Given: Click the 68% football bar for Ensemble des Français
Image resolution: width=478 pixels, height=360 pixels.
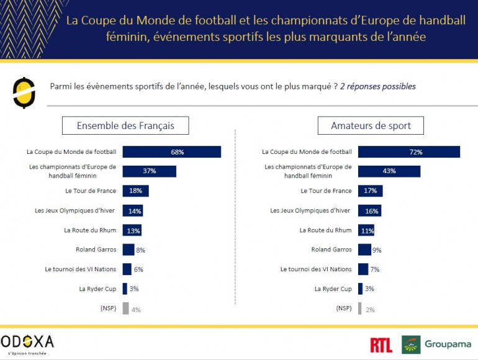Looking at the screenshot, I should pyautogui.click(x=171, y=152).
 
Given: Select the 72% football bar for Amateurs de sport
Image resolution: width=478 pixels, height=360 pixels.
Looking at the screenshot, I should pyautogui.click(x=408, y=152).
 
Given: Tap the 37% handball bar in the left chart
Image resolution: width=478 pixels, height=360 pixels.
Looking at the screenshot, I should pyautogui.click(x=149, y=171).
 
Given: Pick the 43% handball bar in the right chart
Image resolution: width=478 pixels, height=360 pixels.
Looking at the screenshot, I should pyautogui.click(x=389, y=171).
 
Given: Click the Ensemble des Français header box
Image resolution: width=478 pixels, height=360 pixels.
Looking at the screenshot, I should pyautogui.click(x=125, y=125).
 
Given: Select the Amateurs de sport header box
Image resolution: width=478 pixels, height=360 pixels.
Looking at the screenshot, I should pyautogui.click(x=371, y=125).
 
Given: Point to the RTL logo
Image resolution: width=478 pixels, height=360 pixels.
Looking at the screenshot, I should pyautogui.click(x=381, y=345).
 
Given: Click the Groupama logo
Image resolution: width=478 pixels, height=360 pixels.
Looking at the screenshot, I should pyautogui.click(x=437, y=344).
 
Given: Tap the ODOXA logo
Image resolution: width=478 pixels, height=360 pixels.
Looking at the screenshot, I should pyautogui.click(x=28, y=343).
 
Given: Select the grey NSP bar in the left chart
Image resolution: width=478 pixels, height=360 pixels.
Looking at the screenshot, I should pyautogui.click(x=125, y=308).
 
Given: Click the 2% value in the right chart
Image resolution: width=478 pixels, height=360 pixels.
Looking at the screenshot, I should pyautogui.click(x=370, y=309).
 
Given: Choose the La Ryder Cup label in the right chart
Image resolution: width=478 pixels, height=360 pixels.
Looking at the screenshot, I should pyautogui.click(x=333, y=289).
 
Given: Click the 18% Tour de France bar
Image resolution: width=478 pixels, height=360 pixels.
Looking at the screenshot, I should pyautogui.click(x=135, y=191).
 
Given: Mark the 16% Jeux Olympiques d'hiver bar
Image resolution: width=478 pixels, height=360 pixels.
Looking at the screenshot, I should pyautogui.click(x=369, y=211).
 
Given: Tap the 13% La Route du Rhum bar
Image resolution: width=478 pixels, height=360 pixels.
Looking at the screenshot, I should pyautogui.click(x=132, y=230).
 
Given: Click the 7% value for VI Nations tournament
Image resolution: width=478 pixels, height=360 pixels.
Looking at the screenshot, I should pyautogui.click(x=374, y=270).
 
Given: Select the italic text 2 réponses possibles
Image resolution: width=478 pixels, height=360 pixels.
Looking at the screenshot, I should pyautogui.click(x=378, y=86).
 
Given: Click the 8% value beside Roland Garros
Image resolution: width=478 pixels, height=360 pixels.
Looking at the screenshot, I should pyautogui.click(x=140, y=250).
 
